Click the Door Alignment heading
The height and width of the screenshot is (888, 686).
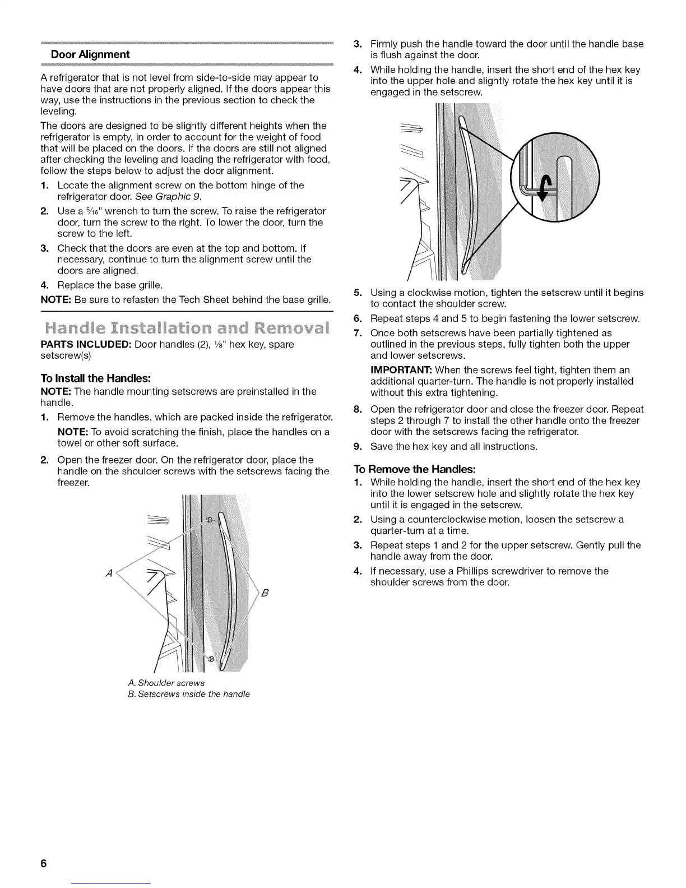90,54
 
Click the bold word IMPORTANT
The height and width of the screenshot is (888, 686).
401,370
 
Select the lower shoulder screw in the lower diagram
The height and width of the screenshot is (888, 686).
211,659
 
